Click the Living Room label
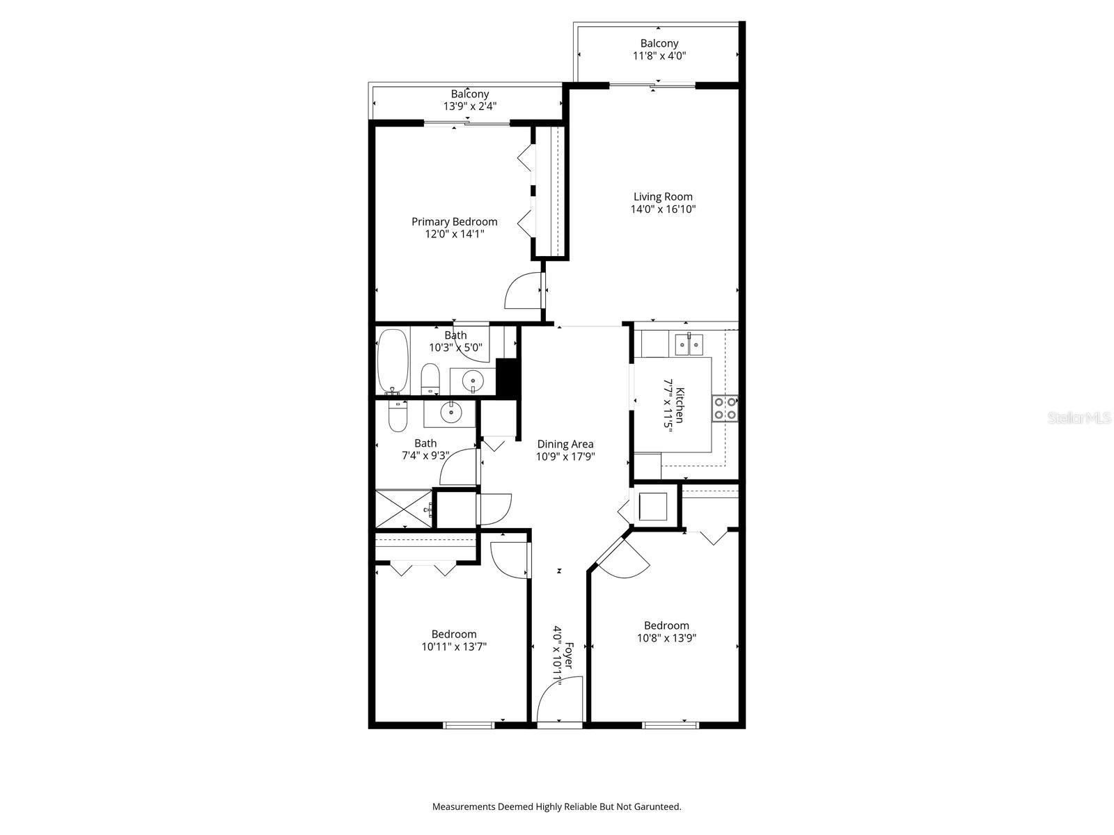663,197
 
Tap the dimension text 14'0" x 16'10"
663,209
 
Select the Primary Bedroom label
454,222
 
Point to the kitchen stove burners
725,408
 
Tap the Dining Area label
565,444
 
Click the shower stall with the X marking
403,509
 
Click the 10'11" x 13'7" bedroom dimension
454,646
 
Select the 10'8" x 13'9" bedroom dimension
666,637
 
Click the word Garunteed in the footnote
654,807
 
